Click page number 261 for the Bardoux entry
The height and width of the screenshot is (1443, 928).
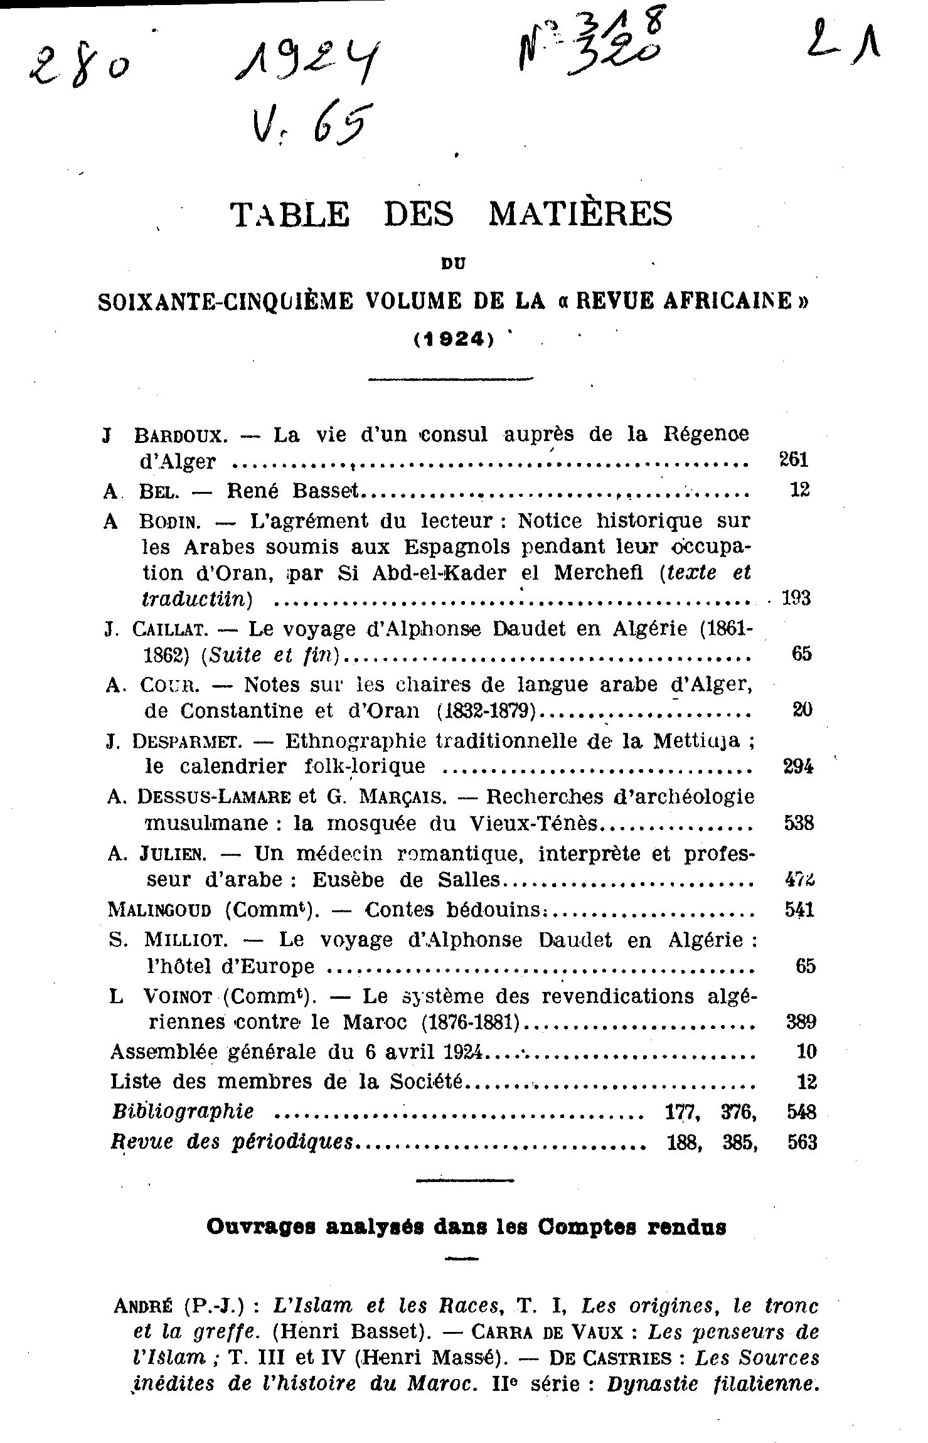(793, 460)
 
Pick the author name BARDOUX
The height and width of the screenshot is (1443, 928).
(177, 435)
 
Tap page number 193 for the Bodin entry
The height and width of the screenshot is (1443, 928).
(796, 598)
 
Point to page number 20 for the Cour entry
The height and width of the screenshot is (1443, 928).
(803, 710)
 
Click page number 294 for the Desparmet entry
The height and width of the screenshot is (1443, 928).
(799, 766)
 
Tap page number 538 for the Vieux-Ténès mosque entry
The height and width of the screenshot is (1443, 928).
(799, 823)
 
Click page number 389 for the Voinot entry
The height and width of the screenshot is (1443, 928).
(801, 1022)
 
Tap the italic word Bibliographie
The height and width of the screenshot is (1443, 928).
(183, 1111)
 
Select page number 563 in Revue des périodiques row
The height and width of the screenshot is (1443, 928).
(803, 1142)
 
